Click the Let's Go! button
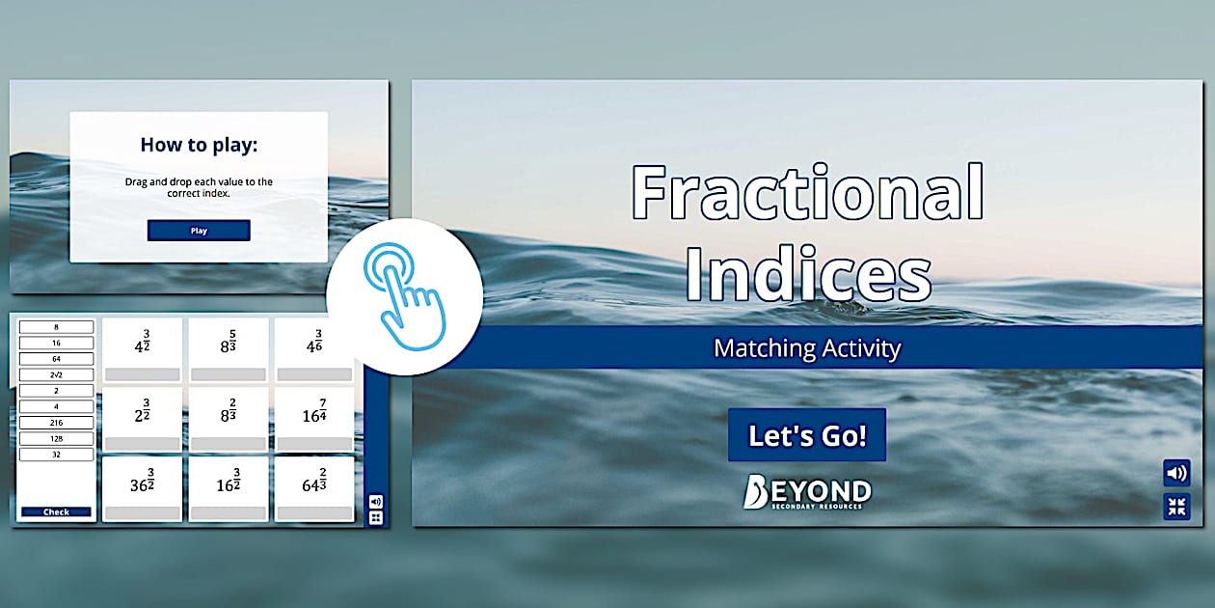coord(807,435)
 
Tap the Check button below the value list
coord(56,512)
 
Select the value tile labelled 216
coord(56,422)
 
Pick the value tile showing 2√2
coord(56,374)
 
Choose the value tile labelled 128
coord(56,438)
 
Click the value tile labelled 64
coord(56,358)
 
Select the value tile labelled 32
coord(56,454)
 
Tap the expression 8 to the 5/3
coord(228,343)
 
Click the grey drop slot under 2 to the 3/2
coord(142,444)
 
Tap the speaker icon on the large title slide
coord(1176,473)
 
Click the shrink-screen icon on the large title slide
coord(1176,507)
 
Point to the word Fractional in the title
coord(807,193)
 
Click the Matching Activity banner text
coord(807,347)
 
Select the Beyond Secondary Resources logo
coord(807,492)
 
